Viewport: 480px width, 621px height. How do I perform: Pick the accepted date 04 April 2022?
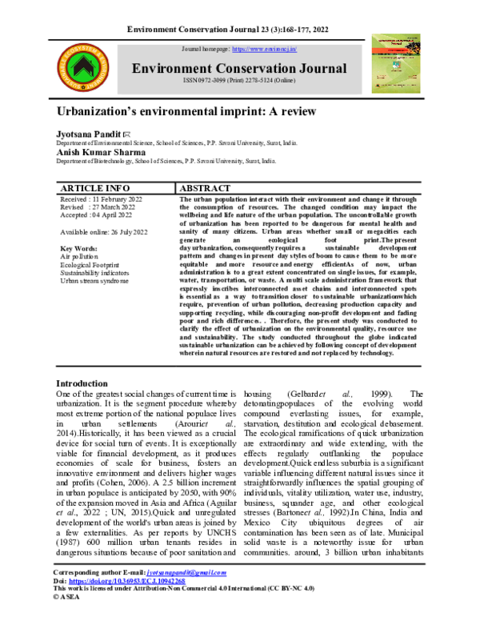click(x=96, y=215)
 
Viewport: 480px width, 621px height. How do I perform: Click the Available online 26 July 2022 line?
click(x=104, y=232)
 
